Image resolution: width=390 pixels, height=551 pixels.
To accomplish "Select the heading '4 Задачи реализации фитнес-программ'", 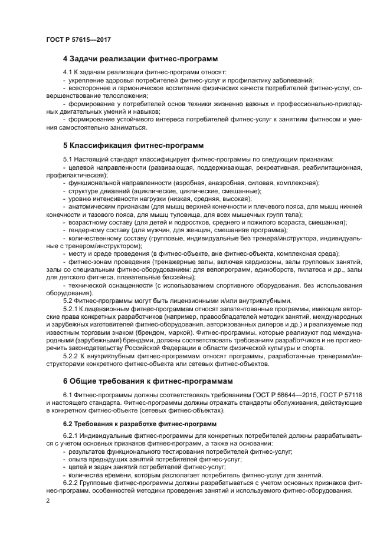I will pyautogui.click(x=140, y=59).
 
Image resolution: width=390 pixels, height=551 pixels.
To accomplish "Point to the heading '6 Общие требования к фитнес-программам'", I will pyautogui.click(x=148, y=381).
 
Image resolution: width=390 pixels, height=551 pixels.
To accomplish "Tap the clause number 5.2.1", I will pyautogui.click(x=71, y=308).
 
